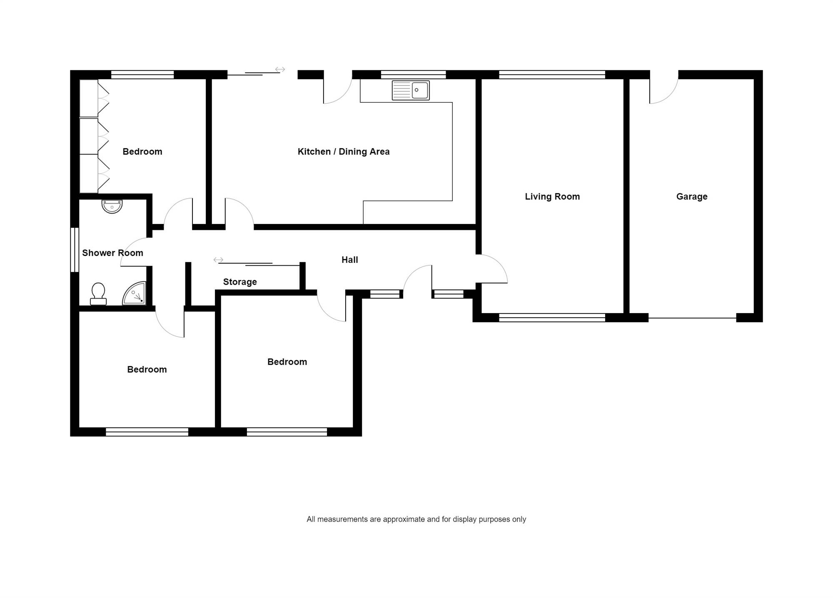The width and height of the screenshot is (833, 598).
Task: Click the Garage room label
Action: tap(692, 197)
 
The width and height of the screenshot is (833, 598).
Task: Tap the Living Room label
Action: tap(552, 197)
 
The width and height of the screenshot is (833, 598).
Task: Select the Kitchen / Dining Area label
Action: tap(344, 152)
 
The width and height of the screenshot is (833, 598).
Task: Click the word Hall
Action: tap(350, 260)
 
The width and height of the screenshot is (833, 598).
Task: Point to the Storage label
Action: tap(240, 282)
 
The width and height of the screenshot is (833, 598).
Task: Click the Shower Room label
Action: tap(112, 253)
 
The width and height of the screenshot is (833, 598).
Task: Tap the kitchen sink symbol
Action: tap(411, 90)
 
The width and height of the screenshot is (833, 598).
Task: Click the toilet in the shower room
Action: tap(98, 294)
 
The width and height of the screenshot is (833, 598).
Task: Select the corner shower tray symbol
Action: tap(134, 293)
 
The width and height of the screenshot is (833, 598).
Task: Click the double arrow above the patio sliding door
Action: tap(280, 70)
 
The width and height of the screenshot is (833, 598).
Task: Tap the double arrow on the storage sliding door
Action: tap(218, 260)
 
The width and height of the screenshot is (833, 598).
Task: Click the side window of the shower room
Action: tap(75, 249)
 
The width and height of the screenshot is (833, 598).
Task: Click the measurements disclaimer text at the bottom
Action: tap(416, 519)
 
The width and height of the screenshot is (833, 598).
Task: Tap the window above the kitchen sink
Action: tap(413, 75)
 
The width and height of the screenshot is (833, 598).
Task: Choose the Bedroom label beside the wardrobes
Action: tap(142, 152)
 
